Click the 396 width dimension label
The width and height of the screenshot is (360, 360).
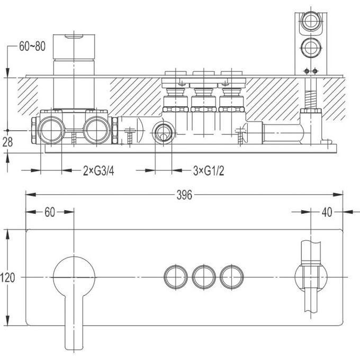point(184,195)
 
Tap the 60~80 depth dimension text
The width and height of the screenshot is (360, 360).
point(32,47)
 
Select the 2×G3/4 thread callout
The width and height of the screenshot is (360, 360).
point(98,171)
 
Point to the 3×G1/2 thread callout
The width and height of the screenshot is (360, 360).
point(209,171)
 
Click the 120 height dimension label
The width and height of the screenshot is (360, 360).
point(7,277)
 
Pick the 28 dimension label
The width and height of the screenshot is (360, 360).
point(7,142)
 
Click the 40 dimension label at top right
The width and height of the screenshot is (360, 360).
point(327,212)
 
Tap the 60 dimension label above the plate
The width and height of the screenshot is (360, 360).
point(50,212)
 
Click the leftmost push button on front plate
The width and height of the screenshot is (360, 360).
point(176,277)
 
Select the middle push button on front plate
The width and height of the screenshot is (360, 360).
point(204,277)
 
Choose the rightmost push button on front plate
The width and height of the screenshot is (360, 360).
point(232,277)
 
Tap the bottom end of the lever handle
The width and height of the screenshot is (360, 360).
point(74,350)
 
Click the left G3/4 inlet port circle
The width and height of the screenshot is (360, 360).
point(51,130)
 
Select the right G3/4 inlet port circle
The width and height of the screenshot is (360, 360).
point(97,130)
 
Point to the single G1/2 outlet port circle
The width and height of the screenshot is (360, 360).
point(163,133)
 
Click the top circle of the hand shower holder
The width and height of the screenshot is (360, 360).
point(311,21)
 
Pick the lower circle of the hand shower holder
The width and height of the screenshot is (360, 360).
point(311,48)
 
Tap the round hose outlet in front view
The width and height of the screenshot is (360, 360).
point(311,277)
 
